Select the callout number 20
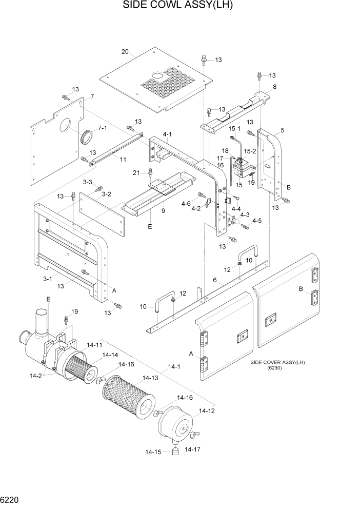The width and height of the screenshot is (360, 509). point(125,51)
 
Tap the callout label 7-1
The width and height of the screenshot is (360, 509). point(103,127)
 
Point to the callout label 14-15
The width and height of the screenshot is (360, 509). point(153,452)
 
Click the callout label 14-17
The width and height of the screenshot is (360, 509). point(193,449)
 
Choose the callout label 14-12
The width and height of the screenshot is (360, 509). point(206,410)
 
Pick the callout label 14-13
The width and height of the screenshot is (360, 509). point(150,378)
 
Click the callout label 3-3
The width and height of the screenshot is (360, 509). point(87,182)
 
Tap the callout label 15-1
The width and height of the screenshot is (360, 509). point(235,128)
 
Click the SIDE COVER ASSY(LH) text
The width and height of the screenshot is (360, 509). point(277,362)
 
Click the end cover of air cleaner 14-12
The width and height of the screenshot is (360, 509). point(174,423)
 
